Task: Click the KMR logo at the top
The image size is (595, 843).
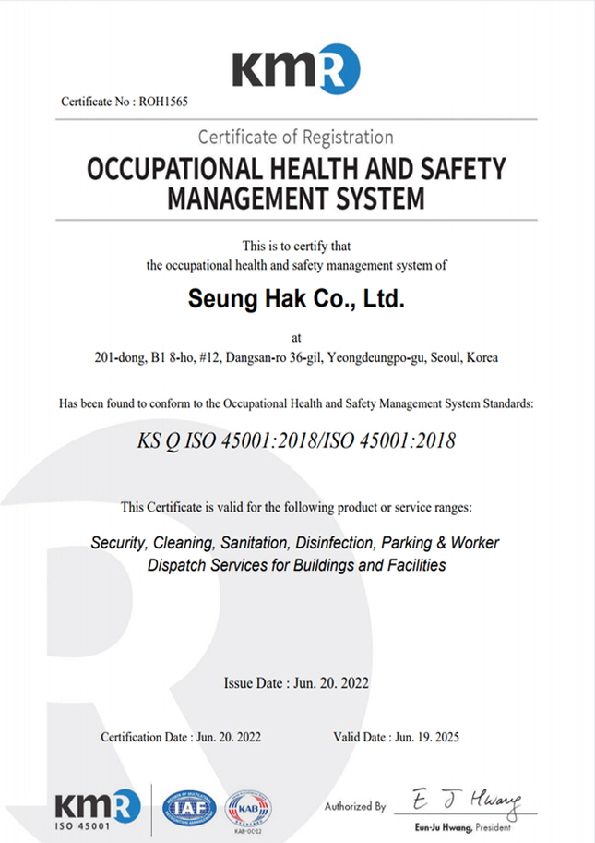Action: click(x=295, y=66)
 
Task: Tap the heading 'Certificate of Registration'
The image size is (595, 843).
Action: click(x=295, y=138)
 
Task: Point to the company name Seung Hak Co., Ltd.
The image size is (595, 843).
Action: click(x=296, y=299)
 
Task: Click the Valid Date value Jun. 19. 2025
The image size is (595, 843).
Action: click(x=425, y=737)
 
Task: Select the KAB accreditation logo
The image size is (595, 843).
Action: click(x=248, y=808)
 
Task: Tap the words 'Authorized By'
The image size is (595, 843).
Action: click(x=354, y=806)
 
